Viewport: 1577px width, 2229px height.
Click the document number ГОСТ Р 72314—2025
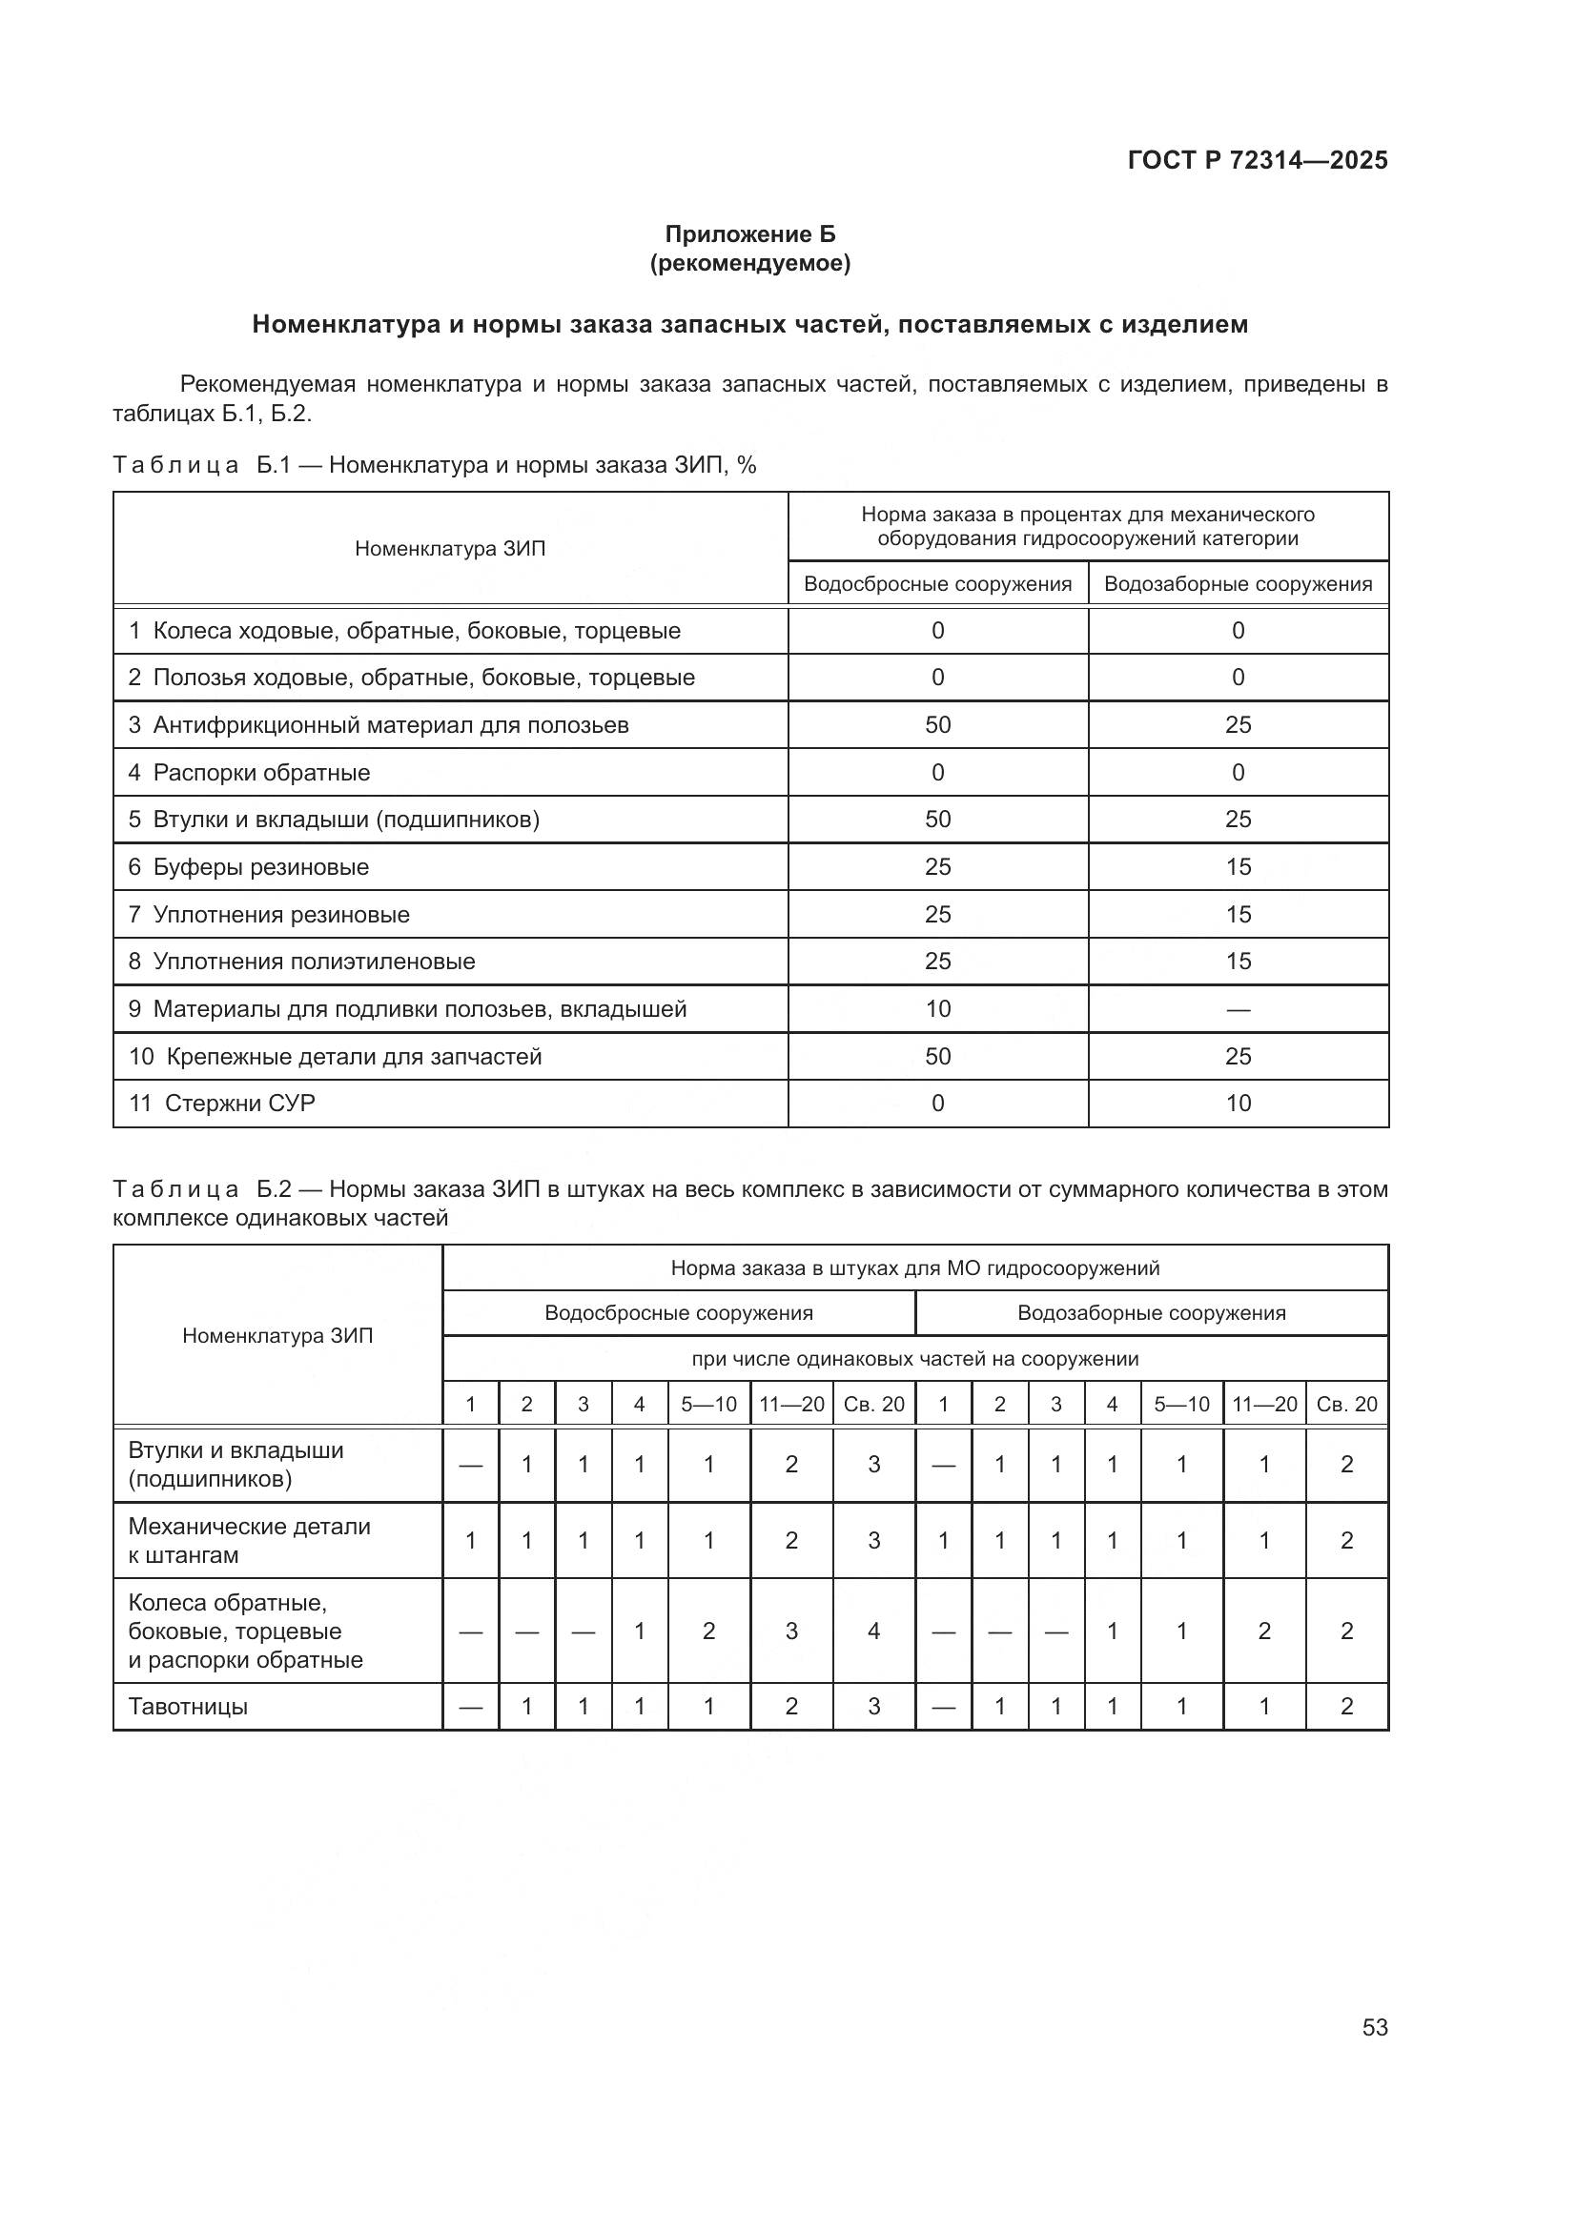tap(1258, 160)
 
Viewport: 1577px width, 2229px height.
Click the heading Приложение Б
tap(749, 234)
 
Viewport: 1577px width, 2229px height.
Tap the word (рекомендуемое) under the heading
tap(749, 263)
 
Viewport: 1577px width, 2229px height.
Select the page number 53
tap(1374, 2027)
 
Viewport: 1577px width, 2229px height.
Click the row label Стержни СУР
tap(239, 1103)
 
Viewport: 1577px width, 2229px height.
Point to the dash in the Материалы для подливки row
tap(1239, 1009)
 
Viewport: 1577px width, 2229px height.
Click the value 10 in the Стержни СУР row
tap(1239, 1103)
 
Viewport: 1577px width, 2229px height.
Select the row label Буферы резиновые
tap(260, 867)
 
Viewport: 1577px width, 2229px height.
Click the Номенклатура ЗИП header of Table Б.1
tap(450, 549)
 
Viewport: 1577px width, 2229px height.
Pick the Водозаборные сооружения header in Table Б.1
tap(1239, 584)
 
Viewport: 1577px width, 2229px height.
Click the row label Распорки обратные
tap(261, 773)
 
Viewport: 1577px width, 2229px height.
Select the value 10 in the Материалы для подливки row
tap(937, 1008)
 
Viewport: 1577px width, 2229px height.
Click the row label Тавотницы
tap(188, 1706)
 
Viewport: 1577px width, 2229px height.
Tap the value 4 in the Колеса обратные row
tap(873, 1631)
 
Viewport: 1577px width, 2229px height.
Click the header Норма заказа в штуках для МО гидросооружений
tap(914, 1267)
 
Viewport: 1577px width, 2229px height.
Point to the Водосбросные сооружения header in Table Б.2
tap(678, 1313)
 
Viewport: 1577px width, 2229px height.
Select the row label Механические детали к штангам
tap(249, 1540)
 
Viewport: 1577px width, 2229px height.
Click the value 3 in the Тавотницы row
tap(873, 1706)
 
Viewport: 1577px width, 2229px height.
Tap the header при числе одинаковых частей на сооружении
tap(914, 1359)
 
